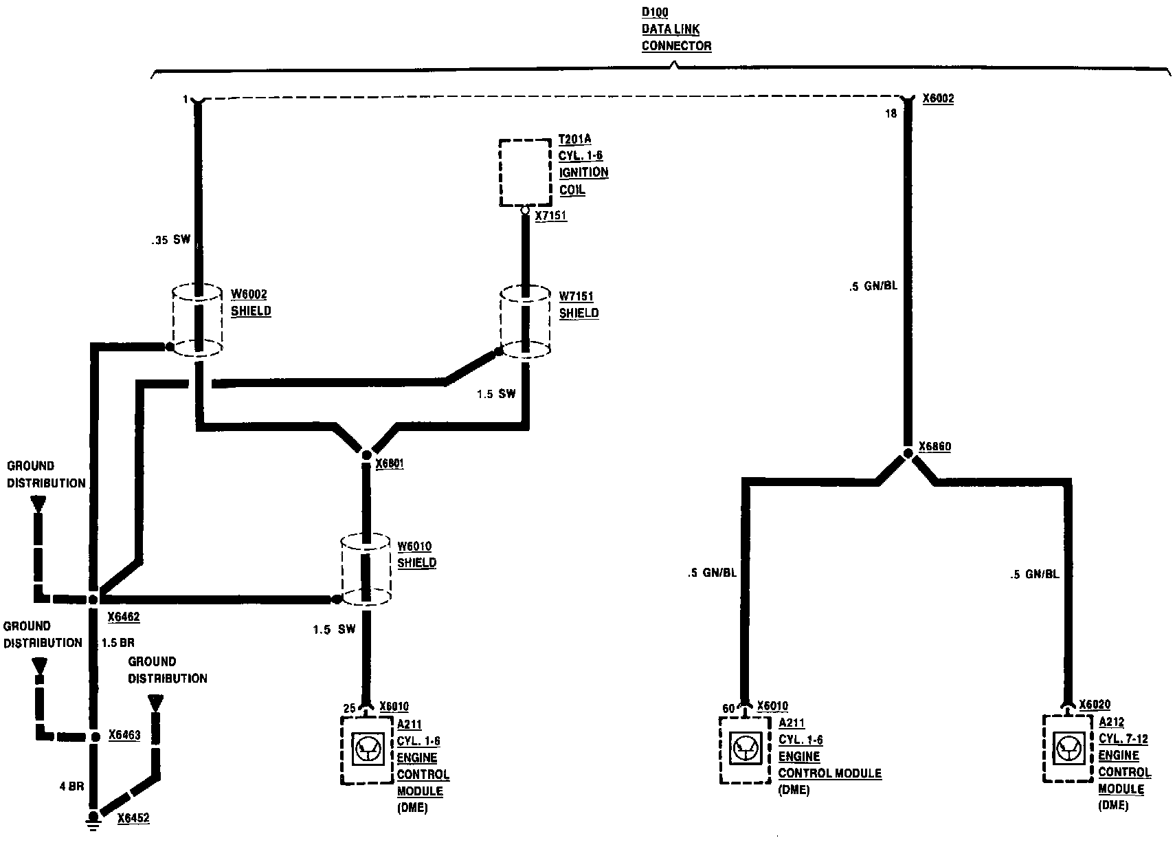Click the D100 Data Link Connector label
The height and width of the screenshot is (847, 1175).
(x=676, y=30)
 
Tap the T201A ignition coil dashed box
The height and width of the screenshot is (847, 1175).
(x=525, y=172)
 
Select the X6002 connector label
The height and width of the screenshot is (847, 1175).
(x=938, y=99)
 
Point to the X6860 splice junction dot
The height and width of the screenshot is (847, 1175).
(x=907, y=453)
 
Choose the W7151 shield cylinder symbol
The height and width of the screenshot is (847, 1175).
(x=525, y=322)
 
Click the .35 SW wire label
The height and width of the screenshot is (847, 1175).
(x=170, y=240)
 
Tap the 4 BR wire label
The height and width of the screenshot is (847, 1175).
(x=71, y=786)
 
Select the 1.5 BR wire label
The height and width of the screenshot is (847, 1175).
(x=118, y=643)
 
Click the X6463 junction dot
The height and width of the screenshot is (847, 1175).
(x=95, y=736)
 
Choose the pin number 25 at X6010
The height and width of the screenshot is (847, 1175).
(x=349, y=708)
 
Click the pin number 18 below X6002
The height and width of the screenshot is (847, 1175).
(x=891, y=114)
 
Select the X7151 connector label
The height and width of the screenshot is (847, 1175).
(x=551, y=217)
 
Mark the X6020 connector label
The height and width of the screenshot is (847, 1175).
(x=1095, y=705)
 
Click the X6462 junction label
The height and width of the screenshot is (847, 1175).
(x=124, y=617)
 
